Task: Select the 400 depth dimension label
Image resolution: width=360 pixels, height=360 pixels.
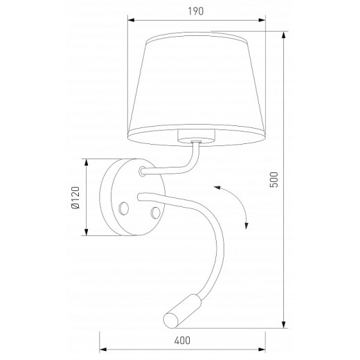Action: [x=183, y=341]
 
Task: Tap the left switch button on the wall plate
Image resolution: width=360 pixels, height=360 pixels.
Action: [x=125, y=207]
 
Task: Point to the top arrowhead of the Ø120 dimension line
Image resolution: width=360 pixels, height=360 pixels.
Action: [x=87, y=161]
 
